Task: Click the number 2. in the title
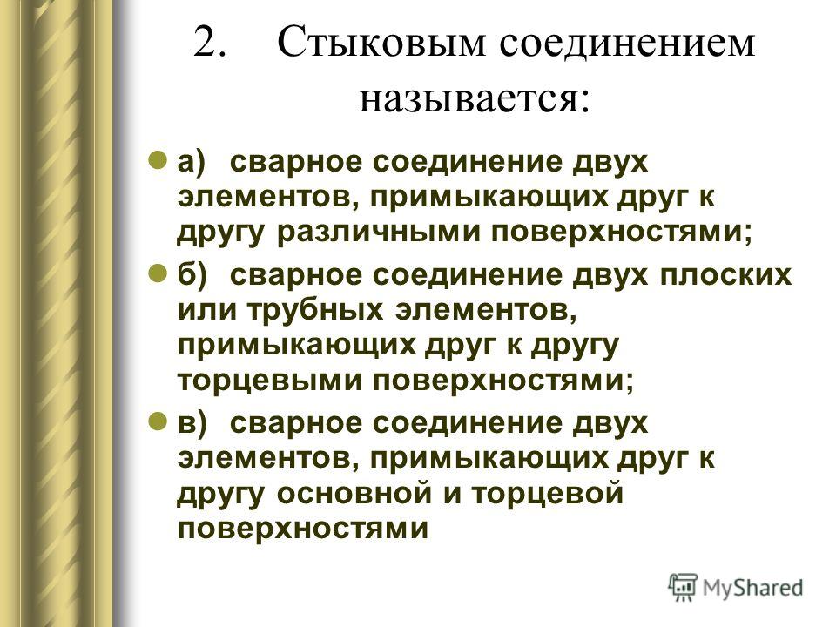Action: click(x=210, y=42)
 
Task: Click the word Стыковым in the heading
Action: click(x=381, y=42)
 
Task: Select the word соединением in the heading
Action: click(x=627, y=43)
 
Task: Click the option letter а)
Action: click(x=192, y=162)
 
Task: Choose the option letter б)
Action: click(x=192, y=275)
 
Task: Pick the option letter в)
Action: click(x=192, y=423)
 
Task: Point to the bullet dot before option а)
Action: click(x=157, y=159)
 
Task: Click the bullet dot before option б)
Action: click(x=157, y=273)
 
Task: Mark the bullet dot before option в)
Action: click(x=157, y=421)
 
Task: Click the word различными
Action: click(x=379, y=233)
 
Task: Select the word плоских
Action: click(x=725, y=275)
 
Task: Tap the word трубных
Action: click(x=315, y=310)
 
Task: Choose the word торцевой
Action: click(x=548, y=493)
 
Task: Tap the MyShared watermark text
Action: click(x=752, y=588)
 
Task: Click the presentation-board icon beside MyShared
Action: click(x=683, y=587)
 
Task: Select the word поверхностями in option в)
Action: click(x=303, y=529)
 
